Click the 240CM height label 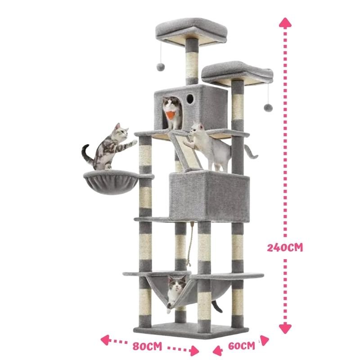(285, 247)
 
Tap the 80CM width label (148, 346)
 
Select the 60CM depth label (242, 346)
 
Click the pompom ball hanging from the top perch (161, 67)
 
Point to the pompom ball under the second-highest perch (268, 108)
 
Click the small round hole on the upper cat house (190, 99)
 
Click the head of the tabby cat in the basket (121, 132)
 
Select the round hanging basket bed (111, 182)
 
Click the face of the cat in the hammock (176, 284)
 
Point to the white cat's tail (251, 152)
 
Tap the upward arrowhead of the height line (285, 23)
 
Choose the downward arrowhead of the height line (285, 328)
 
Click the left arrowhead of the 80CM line (105, 340)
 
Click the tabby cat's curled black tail (87, 154)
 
